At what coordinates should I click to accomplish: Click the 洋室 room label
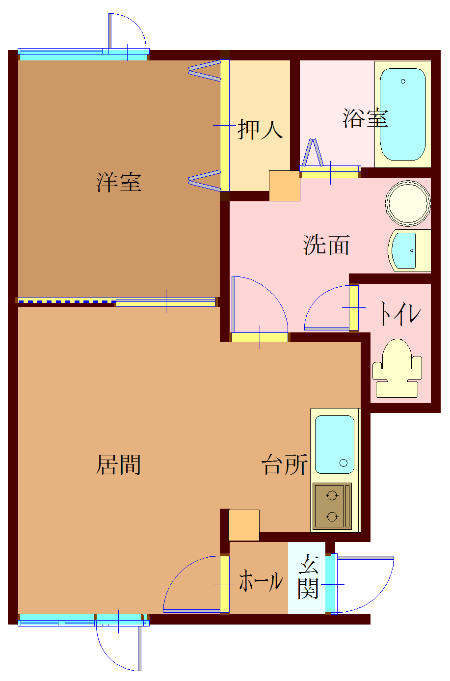pyautogui.click(x=119, y=183)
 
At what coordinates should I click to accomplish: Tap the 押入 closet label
pyautogui.click(x=260, y=130)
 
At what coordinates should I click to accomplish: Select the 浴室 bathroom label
pyautogui.click(x=365, y=118)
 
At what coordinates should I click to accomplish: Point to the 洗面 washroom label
pyautogui.click(x=326, y=245)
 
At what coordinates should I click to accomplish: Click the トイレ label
pyautogui.click(x=399, y=313)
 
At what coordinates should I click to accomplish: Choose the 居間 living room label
pyautogui.click(x=119, y=464)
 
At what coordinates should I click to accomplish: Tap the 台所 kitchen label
pyautogui.click(x=285, y=464)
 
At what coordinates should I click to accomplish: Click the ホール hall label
pyautogui.click(x=261, y=581)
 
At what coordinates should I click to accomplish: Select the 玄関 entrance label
pyautogui.click(x=308, y=577)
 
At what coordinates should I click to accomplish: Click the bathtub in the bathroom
pyautogui.click(x=402, y=114)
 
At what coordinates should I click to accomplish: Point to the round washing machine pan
pyautogui.click(x=408, y=203)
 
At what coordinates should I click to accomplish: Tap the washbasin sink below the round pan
pyautogui.click(x=405, y=250)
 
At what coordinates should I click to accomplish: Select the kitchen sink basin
pyautogui.click(x=334, y=444)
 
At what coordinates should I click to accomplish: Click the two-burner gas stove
pyautogui.click(x=332, y=506)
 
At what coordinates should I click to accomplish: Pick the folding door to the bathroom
pyautogui.click(x=313, y=153)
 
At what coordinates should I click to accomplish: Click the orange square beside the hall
pyautogui.click(x=244, y=525)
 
